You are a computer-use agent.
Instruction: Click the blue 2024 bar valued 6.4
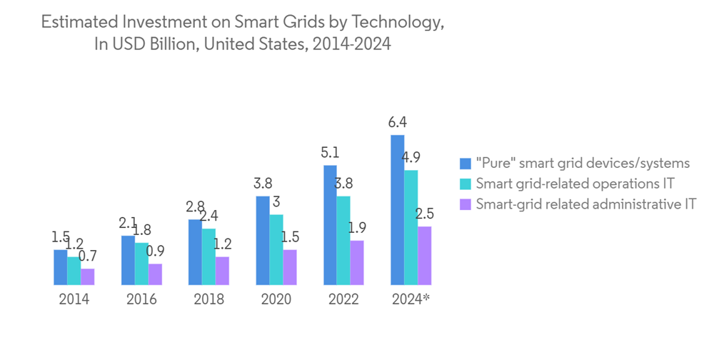pyautogui.click(x=397, y=209)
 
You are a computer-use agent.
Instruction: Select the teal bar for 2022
pyautogui.click(x=343, y=240)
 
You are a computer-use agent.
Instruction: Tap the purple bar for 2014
pyautogui.click(x=87, y=276)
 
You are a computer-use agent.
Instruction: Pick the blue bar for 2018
pyautogui.click(x=195, y=252)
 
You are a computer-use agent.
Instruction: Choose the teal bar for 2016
pyautogui.click(x=141, y=264)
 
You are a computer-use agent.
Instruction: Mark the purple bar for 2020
pyautogui.click(x=289, y=267)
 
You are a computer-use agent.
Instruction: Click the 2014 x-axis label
pyautogui.click(x=74, y=299)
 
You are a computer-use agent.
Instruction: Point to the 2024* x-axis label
pyautogui.click(x=411, y=299)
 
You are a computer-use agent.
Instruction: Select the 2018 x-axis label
pyautogui.click(x=208, y=299)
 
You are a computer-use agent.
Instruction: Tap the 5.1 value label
pyautogui.click(x=330, y=152)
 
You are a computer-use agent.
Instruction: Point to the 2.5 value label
pyautogui.click(x=425, y=214)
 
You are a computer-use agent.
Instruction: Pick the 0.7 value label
pyautogui.click(x=87, y=256)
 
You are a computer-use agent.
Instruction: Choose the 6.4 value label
pyautogui.click(x=397, y=122)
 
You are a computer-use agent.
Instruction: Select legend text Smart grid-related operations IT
pyautogui.click(x=575, y=183)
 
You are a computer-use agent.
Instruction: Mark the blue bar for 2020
pyautogui.click(x=262, y=240)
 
